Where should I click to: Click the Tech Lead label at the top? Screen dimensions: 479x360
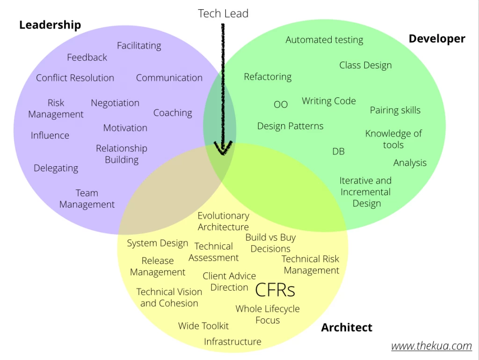click(223, 14)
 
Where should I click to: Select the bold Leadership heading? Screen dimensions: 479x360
click(50, 25)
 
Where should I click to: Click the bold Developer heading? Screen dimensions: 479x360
click(437, 39)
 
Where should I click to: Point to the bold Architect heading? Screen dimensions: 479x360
click(347, 328)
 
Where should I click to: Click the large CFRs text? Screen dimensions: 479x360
click(275, 290)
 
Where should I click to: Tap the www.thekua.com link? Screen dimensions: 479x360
click(431, 346)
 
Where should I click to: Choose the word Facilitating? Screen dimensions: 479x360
click(139, 46)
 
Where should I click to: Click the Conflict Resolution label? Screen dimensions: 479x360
click(75, 78)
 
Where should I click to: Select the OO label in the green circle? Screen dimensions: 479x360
click(281, 104)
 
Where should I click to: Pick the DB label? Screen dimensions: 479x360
click(339, 151)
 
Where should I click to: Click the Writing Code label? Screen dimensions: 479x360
click(329, 101)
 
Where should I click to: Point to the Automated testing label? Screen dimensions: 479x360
click(325, 40)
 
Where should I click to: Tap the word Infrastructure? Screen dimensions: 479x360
click(232, 342)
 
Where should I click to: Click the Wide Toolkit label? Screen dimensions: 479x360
click(203, 326)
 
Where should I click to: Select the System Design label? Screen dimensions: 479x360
click(157, 243)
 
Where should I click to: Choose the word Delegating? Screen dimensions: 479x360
click(56, 169)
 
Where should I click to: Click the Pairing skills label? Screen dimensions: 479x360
click(395, 110)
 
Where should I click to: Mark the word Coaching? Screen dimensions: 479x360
click(173, 113)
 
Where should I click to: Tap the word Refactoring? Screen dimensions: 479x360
click(268, 77)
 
